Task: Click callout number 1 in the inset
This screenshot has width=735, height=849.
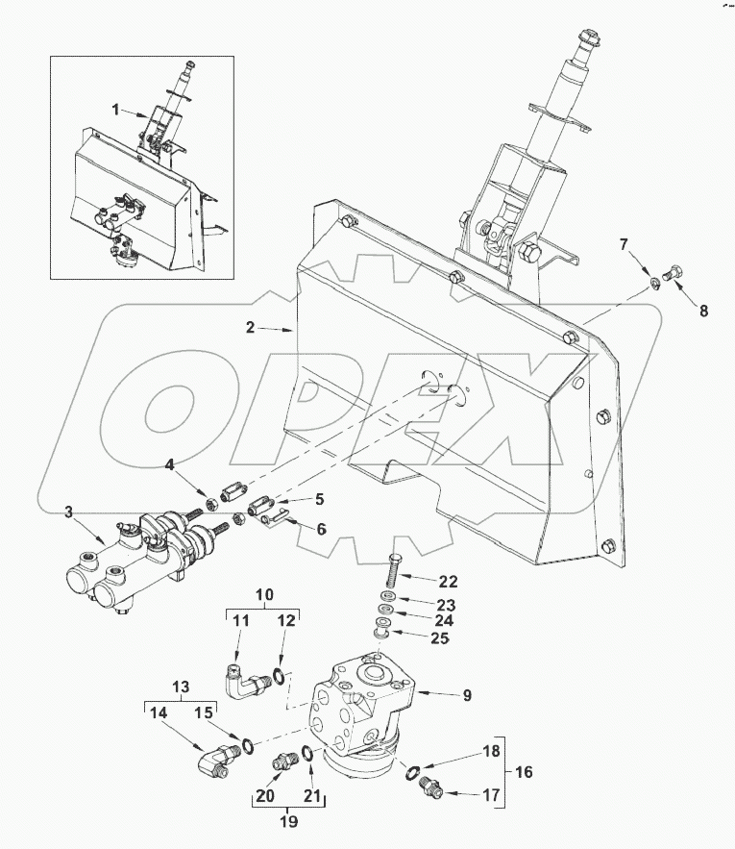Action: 115,110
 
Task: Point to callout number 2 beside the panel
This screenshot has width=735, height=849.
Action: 250,328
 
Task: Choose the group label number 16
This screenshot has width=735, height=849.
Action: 523,771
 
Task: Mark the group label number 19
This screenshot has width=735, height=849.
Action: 288,821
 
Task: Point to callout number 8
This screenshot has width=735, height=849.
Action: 703,311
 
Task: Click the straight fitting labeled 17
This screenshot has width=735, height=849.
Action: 431,789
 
